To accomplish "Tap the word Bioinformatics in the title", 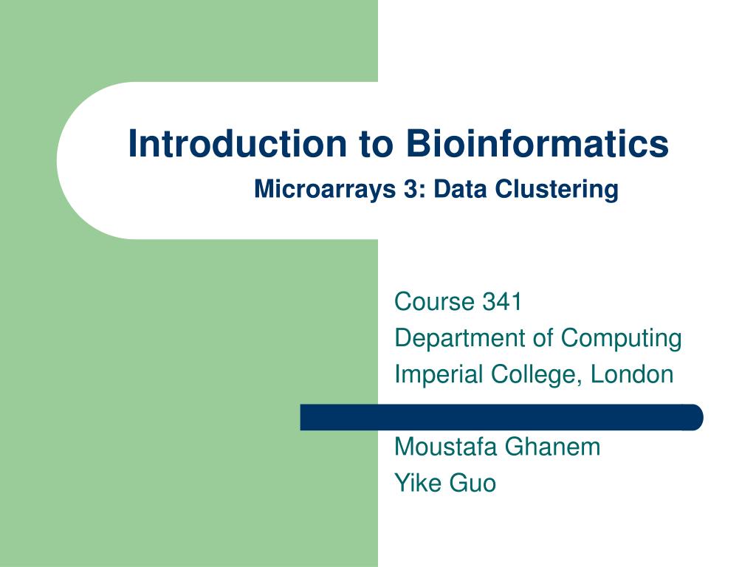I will [537, 143].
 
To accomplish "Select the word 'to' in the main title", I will [376, 145].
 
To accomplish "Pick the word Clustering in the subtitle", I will [557, 190].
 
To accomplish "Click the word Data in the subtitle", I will [461, 190].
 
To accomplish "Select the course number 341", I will [502, 302].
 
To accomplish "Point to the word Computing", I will [621, 338].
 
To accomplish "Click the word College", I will [539, 374].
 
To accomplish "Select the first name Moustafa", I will [446, 447].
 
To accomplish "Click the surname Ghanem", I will [554, 447].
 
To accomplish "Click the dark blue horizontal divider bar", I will [501, 417].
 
